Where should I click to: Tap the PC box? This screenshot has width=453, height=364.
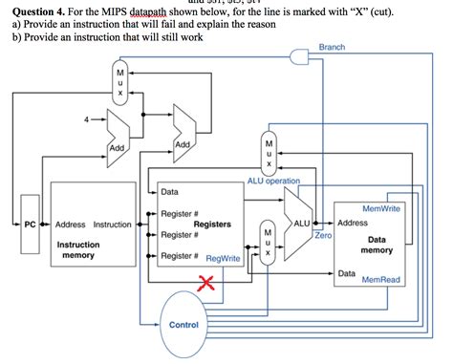tap(30, 225)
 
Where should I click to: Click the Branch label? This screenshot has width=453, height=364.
tap(334, 47)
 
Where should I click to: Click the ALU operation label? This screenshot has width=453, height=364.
tap(273, 180)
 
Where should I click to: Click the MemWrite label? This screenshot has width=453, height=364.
tap(381, 208)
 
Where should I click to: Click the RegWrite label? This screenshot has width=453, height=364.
tap(223, 258)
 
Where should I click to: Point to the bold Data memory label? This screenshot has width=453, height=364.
tap(377, 245)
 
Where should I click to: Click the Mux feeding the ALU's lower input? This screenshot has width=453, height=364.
tap(269, 242)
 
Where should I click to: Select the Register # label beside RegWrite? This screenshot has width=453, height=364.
tap(180, 256)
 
